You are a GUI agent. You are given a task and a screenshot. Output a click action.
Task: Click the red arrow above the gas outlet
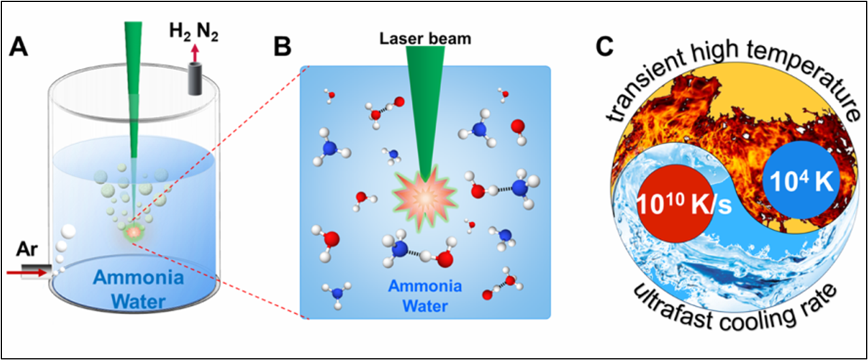pos(194,51)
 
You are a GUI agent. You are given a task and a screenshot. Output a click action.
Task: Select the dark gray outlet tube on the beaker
pos(194,78)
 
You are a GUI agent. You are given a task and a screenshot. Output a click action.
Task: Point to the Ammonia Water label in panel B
pos(425,295)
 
